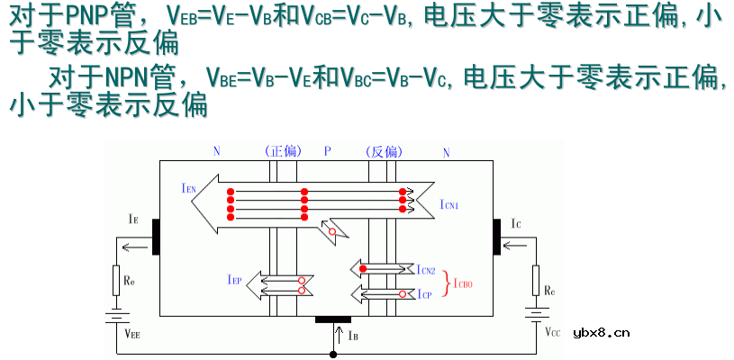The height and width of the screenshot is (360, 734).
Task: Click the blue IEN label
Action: (188, 188)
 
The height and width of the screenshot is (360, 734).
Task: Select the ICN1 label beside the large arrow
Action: (449, 205)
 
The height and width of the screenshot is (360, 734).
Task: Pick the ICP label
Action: (425, 294)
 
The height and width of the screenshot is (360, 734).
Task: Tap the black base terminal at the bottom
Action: (333, 319)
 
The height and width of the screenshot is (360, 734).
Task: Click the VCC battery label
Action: (552, 332)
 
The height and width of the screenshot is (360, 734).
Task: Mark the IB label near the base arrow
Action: (352, 336)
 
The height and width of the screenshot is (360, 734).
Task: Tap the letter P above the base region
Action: (329, 151)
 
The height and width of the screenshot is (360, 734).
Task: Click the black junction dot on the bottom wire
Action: (333, 355)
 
